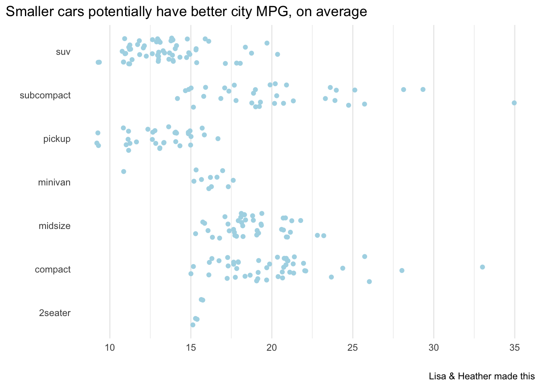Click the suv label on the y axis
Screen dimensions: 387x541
point(63,52)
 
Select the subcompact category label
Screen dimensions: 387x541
point(45,96)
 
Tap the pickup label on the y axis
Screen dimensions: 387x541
point(57,139)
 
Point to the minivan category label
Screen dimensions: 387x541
point(54,183)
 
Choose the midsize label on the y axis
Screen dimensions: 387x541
point(54,226)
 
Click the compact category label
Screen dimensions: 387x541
point(53,270)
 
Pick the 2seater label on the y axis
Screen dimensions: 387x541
point(55,313)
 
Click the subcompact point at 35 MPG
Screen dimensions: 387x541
point(514,103)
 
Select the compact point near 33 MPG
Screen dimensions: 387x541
point(482,267)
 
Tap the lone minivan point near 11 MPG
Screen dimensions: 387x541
point(124,172)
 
